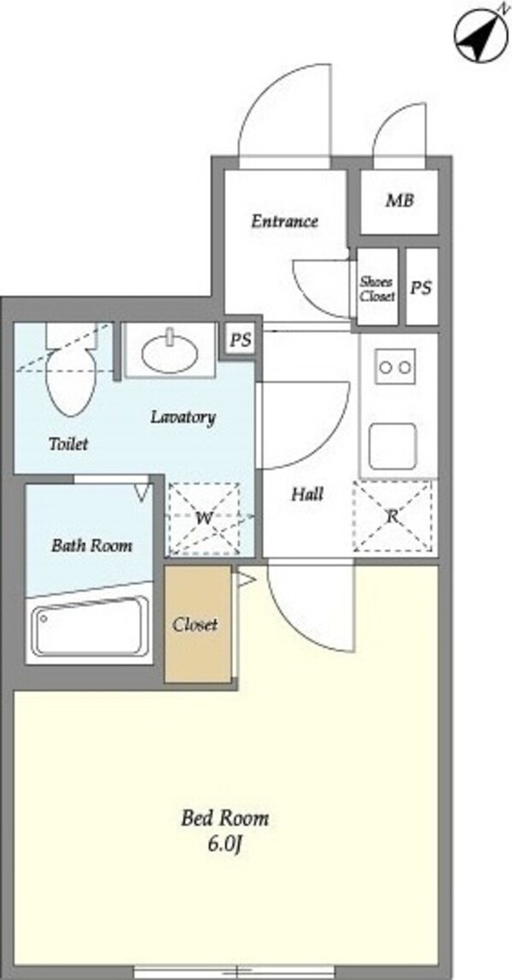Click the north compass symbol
click(481, 36)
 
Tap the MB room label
click(399, 201)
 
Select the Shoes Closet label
click(377, 289)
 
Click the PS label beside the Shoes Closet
click(422, 288)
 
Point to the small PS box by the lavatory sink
click(241, 340)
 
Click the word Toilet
click(68, 445)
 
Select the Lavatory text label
click(183, 417)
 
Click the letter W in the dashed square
click(204, 518)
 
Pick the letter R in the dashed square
click(393, 516)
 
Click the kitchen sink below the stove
click(393, 446)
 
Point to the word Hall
click(308, 494)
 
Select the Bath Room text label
click(91, 545)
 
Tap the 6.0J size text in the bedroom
click(224, 844)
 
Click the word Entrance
click(285, 221)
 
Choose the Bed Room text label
click(224, 819)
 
